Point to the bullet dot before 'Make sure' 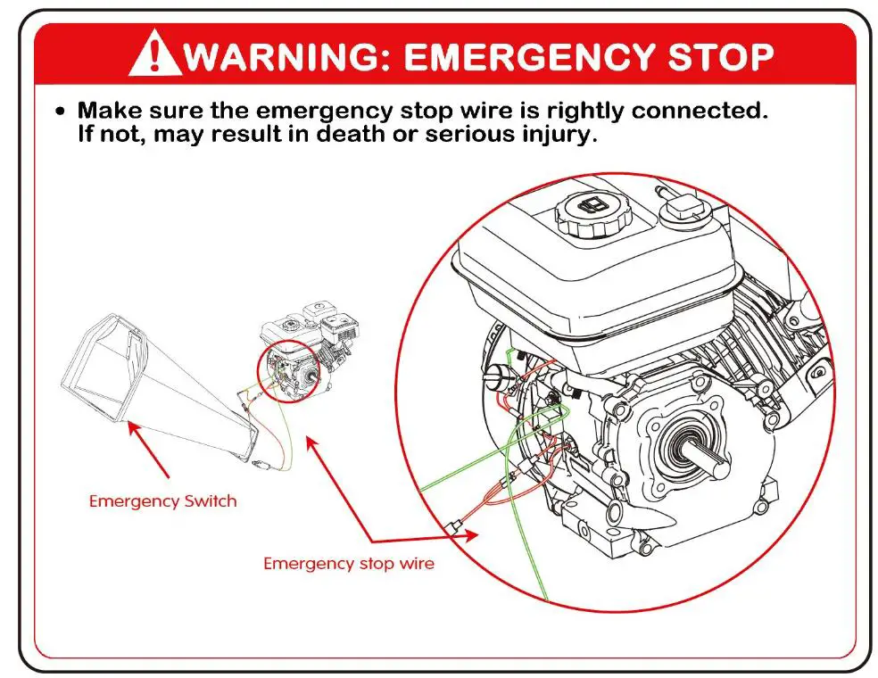pyautogui.click(x=60, y=113)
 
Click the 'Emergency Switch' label pyautogui.click(x=162, y=500)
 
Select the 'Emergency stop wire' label pyautogui.click(x=348, y=563)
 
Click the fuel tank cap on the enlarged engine pyautogui.click(x=593, y=214)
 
